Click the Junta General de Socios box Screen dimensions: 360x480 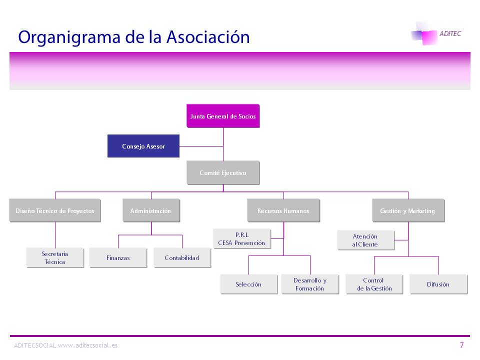point(223,116)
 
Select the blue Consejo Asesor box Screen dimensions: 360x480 point(143,146)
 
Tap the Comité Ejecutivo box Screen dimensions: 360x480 point(223,172)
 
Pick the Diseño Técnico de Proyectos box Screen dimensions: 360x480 point(54,210)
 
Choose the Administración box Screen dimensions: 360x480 point(151,210)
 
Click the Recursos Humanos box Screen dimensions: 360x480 point(283,210)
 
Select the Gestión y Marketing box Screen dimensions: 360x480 point(407,210)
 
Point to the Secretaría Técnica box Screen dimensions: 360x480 point(55,257)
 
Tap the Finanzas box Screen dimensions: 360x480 point(118,257)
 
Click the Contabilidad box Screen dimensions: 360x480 point(182,257)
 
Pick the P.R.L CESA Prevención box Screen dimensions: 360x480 point(242,239)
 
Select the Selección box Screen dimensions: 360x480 point(248,284)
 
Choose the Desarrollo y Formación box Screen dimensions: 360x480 point(310,284)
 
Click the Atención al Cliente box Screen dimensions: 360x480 point(365,240)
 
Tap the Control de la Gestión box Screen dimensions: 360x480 point(374,284)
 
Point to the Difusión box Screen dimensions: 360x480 point(438,284)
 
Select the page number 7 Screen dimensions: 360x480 point(461,345)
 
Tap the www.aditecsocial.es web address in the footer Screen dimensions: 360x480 point(88,345)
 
